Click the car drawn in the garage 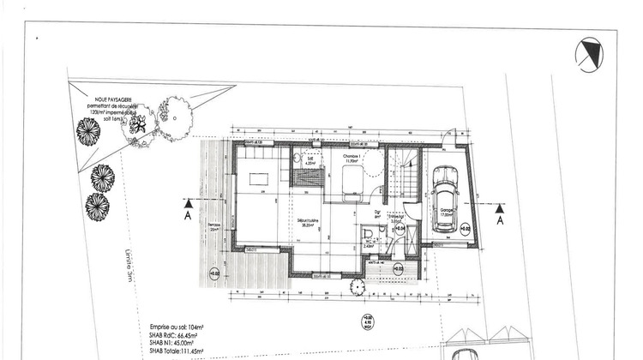point(445,199)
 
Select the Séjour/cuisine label point(308,223)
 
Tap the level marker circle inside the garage point(464,229)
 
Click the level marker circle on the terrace point(213,274)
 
